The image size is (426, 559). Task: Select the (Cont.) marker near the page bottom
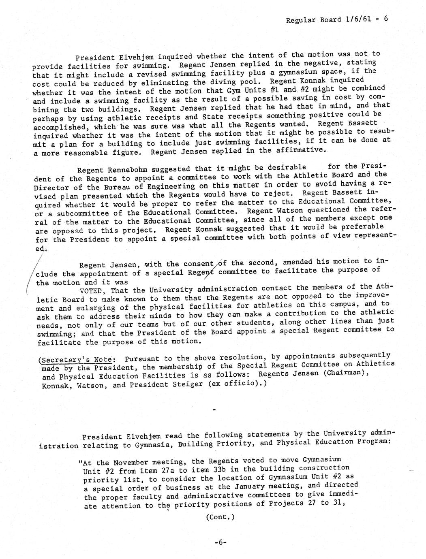220,517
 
